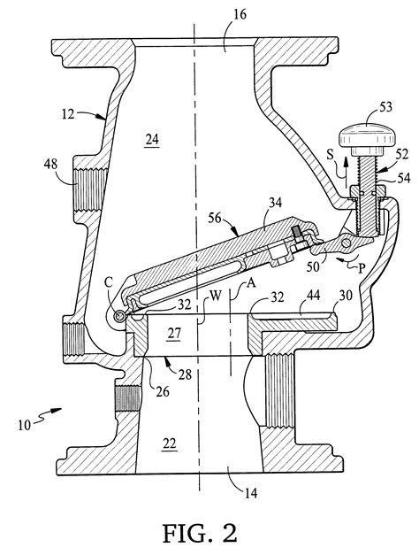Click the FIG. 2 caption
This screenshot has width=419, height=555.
pyautogui.click(x=200, y=534)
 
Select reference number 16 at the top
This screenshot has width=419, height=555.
pyautogui.click(x=240, y=14)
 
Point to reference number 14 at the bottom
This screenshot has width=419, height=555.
pyautogui.click(x=250, y=493)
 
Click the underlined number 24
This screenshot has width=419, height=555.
pyautogui.click(x=152, y=140)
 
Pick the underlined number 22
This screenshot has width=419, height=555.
pyautogui.click(x=169, y=443)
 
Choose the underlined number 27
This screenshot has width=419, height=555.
pyautogui.click(x=174, y=334)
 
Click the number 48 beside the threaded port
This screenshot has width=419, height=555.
pyautogui.click(x=51, y=165)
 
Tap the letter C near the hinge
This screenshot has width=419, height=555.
pyautogui.click(x=110, y=282)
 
